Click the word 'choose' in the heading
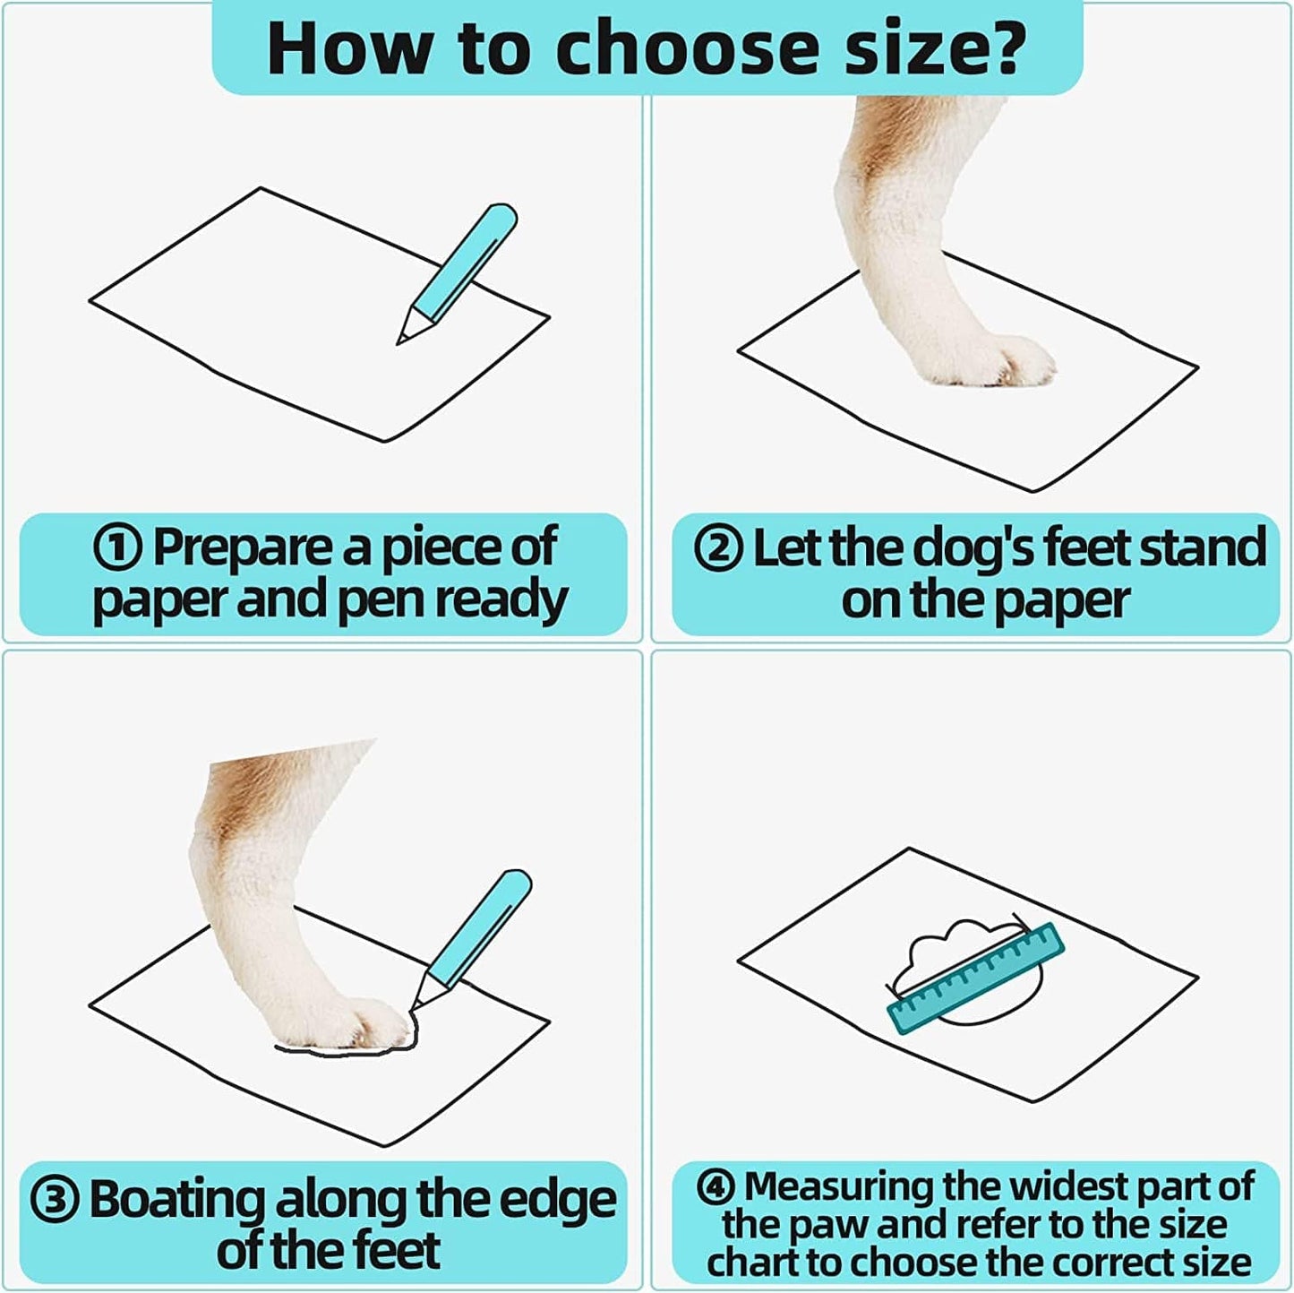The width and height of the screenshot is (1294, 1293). coord(683,47)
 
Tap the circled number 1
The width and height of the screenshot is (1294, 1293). coord(119,547)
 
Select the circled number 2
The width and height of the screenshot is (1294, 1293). coord(718,547)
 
